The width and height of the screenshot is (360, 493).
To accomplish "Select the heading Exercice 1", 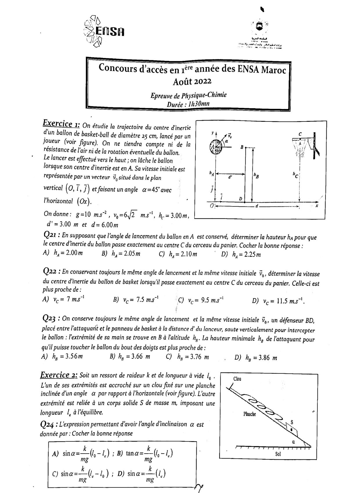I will pos(61,124).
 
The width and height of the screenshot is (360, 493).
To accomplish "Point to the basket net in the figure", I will pos(299,149).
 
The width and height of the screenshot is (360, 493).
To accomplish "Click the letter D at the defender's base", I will pos(240,199).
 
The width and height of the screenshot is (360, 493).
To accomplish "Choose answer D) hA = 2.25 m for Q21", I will pos(241,255).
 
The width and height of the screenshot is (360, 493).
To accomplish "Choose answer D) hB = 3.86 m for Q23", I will pos(256,358).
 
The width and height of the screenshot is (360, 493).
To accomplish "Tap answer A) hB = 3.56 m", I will pos(62,357).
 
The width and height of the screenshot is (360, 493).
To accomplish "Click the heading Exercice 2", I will pos(59,375).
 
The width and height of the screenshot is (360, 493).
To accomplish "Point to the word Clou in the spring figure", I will pos(237,379).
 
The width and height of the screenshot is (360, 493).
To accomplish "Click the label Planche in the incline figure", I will pos(249,414).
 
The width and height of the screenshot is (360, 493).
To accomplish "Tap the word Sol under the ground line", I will pos(278,454).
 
